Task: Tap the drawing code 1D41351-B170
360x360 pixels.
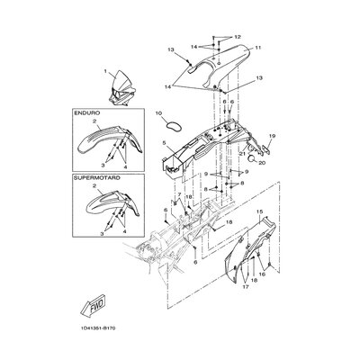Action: coord(98,328)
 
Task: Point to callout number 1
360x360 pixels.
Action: coord(105,71)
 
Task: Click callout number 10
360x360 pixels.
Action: coord(158,113)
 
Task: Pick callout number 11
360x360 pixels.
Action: coord(258,48)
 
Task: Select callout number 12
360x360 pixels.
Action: coord(238,37)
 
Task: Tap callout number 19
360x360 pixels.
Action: coord(272,136)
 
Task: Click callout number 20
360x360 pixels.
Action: coord(262,163)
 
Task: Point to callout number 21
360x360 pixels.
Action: coord(242,154)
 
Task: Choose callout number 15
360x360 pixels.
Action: coord(259,211)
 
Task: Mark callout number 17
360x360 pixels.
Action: coord(246,287)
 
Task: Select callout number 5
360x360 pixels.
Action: coord(164,143)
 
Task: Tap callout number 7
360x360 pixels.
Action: coord(179,194)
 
